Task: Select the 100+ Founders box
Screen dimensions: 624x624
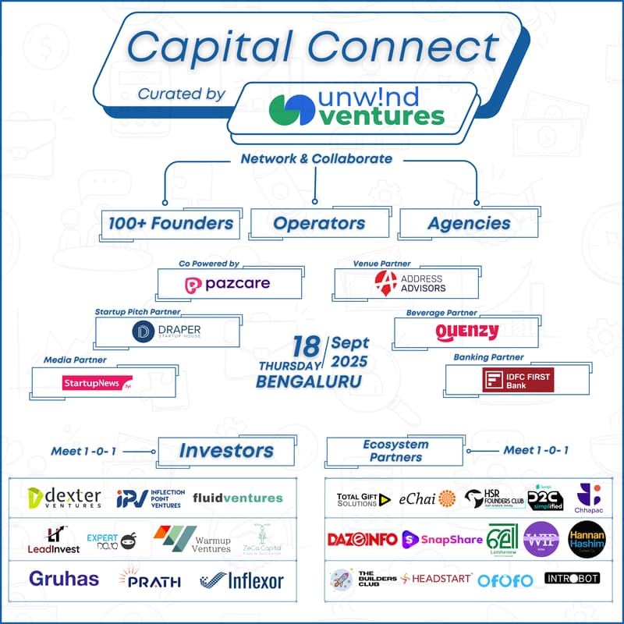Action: [x=171, y=223]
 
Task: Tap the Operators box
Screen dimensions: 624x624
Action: [x=319, y=223]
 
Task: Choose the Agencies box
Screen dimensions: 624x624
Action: [x=469, y=223]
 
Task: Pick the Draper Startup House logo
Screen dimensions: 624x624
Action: [x=166, y=331]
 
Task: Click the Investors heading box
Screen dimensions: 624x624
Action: [x=226, y=451]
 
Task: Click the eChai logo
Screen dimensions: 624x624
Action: [x=427, y=499]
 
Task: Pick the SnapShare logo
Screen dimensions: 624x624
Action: [x=441, y=539]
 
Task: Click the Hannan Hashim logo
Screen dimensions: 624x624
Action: [x=587, y=539]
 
